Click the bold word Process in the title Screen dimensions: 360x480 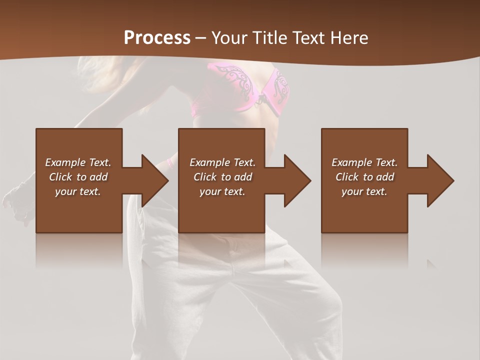click(x=157, y=37)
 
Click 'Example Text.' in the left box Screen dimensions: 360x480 click(x=78, y=162)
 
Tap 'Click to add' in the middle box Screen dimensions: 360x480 click(x=222, y=177)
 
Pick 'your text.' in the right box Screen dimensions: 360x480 click(x=364, y=191)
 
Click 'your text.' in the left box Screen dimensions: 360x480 click(x=78, y=191)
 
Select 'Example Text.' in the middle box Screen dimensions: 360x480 click(x=222, y=162)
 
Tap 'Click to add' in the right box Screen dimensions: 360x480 click(x=364, y=177)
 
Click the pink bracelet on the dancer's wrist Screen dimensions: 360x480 click(x=171, y=161)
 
